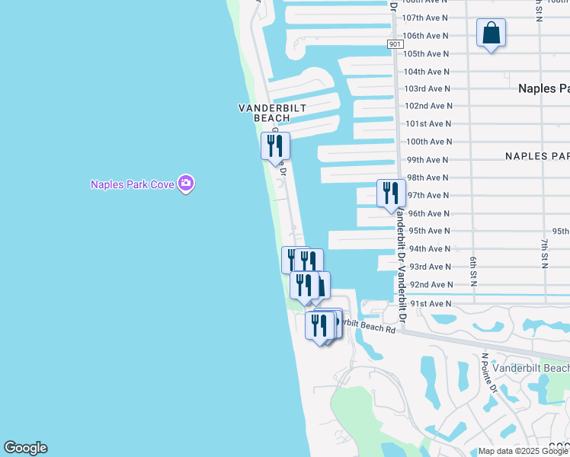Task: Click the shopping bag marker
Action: click(492, 34)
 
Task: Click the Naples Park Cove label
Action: click(133, 184)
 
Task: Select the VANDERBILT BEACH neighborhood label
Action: click(272, 113)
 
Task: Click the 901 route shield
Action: click(395, 45)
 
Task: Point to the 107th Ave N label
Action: click(425, 18)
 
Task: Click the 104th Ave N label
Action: click(427, 72)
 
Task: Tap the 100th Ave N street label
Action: click(428, 142)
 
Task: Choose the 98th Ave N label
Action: click(428, 177)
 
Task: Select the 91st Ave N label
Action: click(431, 303)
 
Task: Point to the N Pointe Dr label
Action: click(489, 372)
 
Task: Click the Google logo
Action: click(25, 448)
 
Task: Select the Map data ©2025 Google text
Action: click(522, 451)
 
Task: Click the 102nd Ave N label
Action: click(428, 106)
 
